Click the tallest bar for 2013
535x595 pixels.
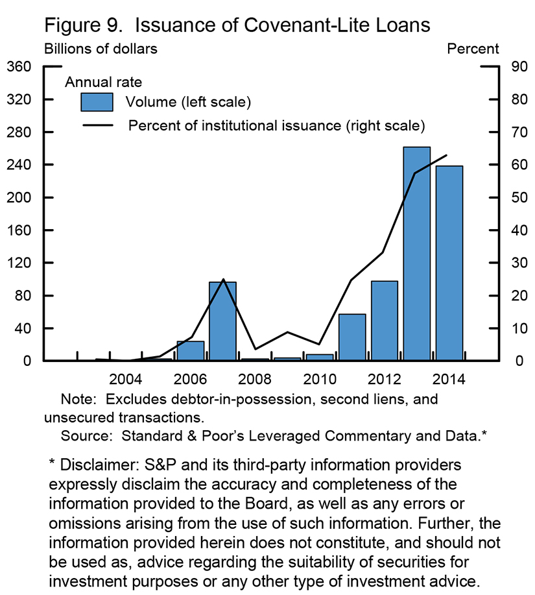(416, 254)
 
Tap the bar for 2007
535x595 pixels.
(222, 321)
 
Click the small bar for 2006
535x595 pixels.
(190, 351)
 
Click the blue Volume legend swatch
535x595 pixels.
(97, 103)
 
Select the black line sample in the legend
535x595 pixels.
(97, 125)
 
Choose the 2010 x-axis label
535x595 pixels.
(319, 379)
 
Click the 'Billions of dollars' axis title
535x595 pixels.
(100, 49)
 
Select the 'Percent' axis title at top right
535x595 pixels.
(473, 49)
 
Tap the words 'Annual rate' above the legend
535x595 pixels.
(103, 82)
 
